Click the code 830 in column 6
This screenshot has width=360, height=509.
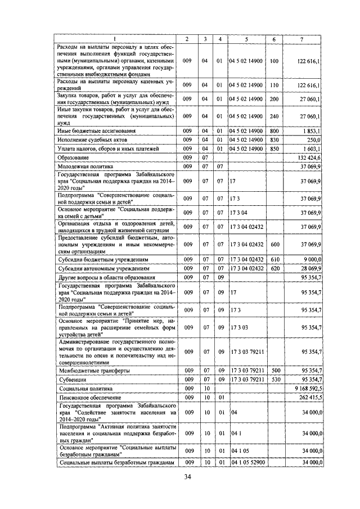tap(274, 138)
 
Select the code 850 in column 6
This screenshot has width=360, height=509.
tap(274, 148)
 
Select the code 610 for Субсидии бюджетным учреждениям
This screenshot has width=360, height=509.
tap(274, 260)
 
